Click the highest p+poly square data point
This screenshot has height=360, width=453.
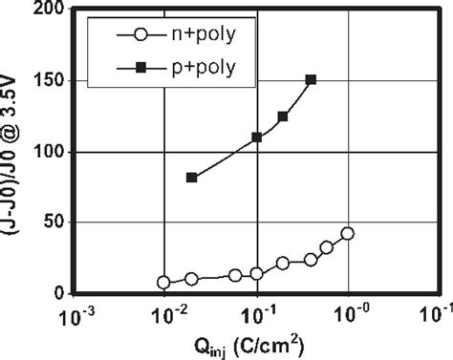311,80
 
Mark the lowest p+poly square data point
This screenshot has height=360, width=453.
192,178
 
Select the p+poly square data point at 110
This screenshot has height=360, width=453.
257,138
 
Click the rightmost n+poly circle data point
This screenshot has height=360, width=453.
347,233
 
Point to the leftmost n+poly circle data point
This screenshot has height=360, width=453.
164,283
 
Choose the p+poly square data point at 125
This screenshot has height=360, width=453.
283,116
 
